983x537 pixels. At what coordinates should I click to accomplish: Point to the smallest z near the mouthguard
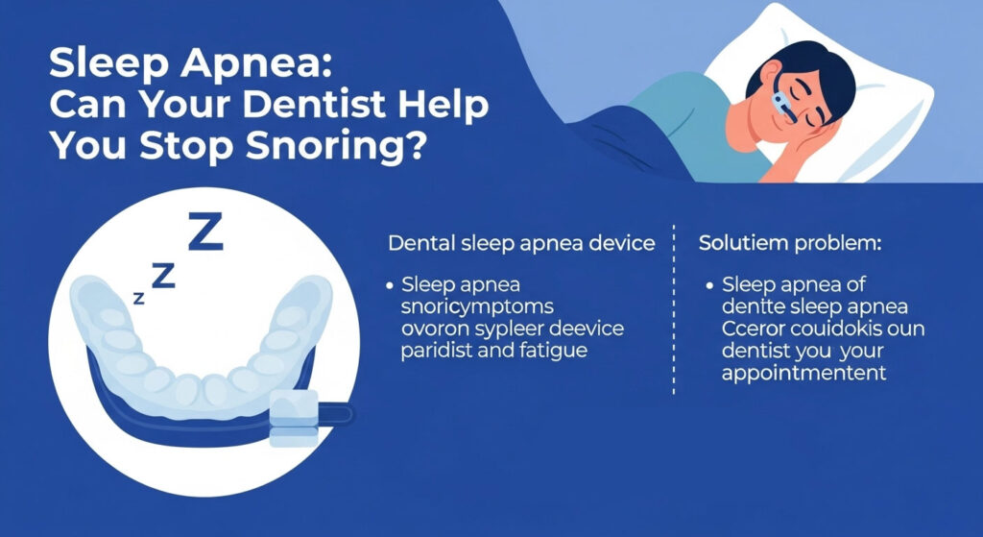coord(139,299)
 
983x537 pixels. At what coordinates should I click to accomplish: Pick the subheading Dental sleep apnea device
coord(521,243)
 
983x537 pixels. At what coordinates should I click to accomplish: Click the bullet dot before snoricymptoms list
coord(391,286)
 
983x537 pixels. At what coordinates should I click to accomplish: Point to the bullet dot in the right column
coord(708,286)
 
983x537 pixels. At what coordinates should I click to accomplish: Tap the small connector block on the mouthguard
coord(295,420)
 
